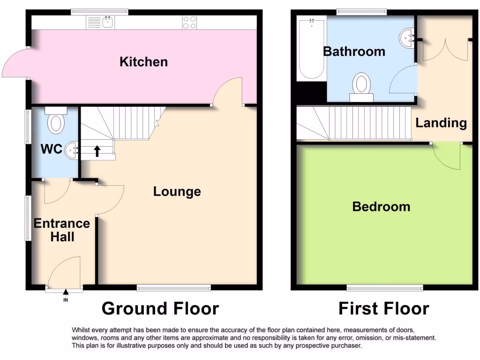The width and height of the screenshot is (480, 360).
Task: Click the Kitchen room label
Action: click(x=143, y=61)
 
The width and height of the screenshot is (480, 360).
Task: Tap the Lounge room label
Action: click(x=177, y=191)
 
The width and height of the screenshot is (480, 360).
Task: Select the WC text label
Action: click(x=52, y=149)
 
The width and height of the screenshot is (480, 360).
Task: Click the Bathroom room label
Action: click(x=354, y=51)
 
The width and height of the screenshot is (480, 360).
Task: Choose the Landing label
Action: click(x=441, y=123)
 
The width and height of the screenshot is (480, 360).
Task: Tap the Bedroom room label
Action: click(x=381, y=206)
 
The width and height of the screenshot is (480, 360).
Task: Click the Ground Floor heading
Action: click(x=160, y=308)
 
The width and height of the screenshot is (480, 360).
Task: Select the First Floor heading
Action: click(x=384, y=308)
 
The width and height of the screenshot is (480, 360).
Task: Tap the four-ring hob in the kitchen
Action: click(x=189, y=22)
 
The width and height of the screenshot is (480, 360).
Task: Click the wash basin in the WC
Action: click(x=72, y=150)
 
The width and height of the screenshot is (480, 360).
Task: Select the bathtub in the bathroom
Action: click(x=311, y=48)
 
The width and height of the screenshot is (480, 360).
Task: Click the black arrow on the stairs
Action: click(x=97, y=150)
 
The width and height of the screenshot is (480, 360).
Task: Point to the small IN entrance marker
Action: click(x=65, y=299)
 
